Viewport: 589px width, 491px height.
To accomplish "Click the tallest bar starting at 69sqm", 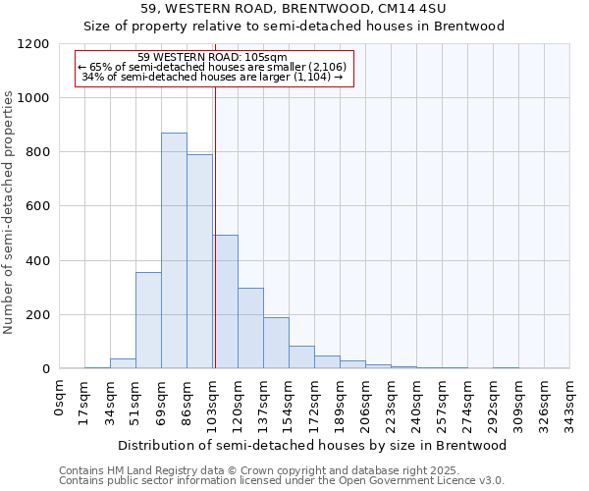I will (x=174, y=250).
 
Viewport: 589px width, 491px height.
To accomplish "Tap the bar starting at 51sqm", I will (x=148, y=320).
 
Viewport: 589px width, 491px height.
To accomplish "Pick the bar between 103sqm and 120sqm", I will (x=225, y=301).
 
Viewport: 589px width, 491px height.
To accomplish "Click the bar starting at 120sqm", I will (x=250, y=328).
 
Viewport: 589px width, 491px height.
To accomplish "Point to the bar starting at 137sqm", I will (x=276, y=343).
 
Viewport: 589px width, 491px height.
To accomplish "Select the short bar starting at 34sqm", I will (x=123, y=363).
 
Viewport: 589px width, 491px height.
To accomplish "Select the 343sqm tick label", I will (x=569, y=401).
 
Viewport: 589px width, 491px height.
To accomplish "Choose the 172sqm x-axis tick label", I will (x=314, y=401).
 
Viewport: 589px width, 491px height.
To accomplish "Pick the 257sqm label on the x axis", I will (x=442, y=401).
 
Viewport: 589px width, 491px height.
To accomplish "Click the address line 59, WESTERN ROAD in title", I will (x=294, y=9).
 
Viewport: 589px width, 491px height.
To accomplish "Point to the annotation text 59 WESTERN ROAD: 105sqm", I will (x=212, y=58).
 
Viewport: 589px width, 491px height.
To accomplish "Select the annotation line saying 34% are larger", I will (x=212, y=77).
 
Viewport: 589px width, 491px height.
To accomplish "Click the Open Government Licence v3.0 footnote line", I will (x=282, y=481).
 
